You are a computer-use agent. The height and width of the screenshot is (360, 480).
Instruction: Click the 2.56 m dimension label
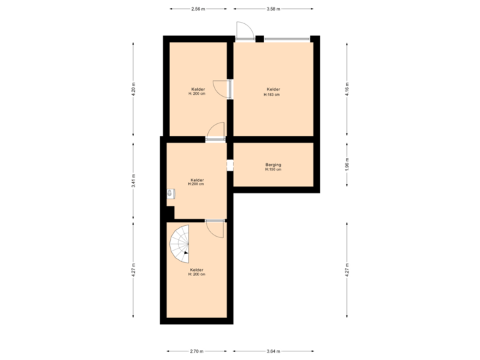pyautogui.click(x=198, y=9)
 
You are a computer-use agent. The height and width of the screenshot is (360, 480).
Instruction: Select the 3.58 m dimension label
pyautogui.click(x=273, y=9)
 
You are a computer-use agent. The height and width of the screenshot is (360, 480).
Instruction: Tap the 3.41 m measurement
pyautogui.click(x=133, y=181)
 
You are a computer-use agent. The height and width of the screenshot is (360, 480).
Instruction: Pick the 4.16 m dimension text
pyautogui.click(x=347, y=89)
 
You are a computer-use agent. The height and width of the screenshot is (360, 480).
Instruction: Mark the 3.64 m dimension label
pyautogui.click(x=273, y=351)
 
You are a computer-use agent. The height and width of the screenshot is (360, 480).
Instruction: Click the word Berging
pyautogui.click(x=273, y=164)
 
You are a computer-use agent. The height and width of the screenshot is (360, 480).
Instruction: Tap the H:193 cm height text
pyautogui.click(x=272, y=95)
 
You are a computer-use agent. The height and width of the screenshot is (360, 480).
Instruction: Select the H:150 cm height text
pyautogui.click(x=273, y=169)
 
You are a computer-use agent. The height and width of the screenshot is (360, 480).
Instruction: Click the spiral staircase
pyautogui.click(x=180, y=243)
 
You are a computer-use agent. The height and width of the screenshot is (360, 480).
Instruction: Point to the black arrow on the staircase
pyautogui.click(x=187, y=253)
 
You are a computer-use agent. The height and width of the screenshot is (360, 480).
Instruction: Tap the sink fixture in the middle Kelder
pyautogui.click(x=171, y=193)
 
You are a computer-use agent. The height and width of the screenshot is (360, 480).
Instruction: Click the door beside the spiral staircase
pyautogui.click(x=215, y=228)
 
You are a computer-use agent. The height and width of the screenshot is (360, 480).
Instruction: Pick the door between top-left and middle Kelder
pyautogui.click(x=215, y=131)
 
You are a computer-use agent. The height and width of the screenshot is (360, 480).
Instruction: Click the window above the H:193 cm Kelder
pyautogui.click(x=287, y=39)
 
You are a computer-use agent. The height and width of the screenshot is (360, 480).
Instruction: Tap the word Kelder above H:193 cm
pyautogui.click(x=273, y=89)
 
